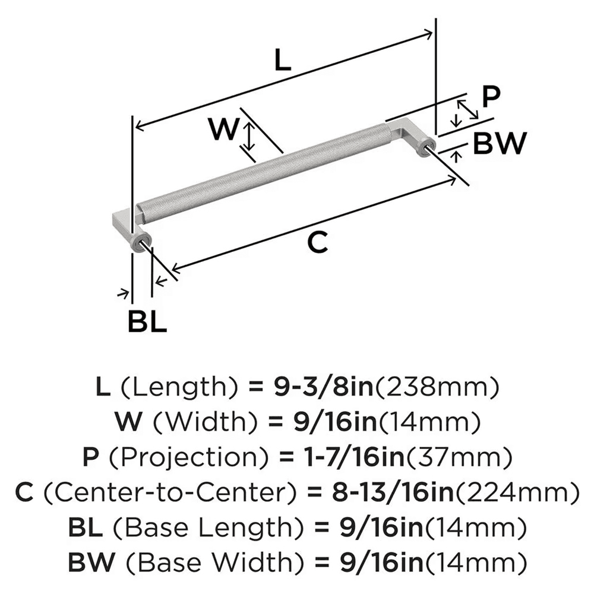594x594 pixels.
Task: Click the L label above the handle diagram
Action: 283,61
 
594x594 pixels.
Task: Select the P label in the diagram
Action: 491,97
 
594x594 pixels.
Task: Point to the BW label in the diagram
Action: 500,143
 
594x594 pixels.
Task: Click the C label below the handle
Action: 318,243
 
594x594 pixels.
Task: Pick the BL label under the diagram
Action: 147,322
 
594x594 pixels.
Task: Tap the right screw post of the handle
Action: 425,147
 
